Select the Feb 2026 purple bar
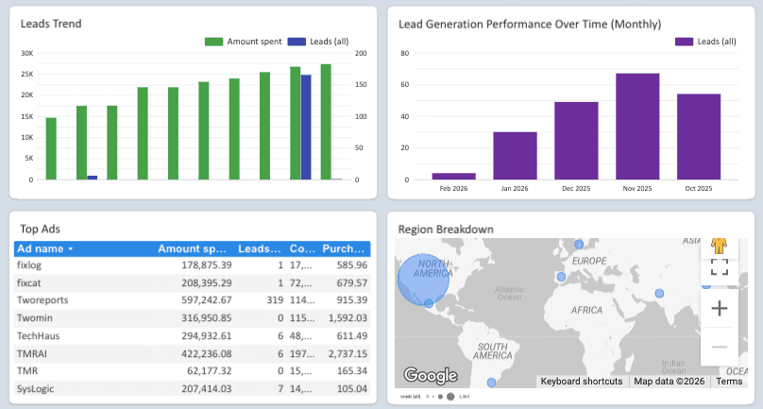(x=453, y=176)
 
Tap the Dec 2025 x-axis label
(x=576, y=188)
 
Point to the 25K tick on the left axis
(x=27, y=74)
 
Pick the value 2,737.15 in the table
(x=345, y=351)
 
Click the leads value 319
(x=275, y=298)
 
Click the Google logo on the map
(x=430, y=374)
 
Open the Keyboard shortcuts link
(x=581, y=382)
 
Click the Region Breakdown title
(x=445, y=229)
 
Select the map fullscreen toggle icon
(x=719, y=266)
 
